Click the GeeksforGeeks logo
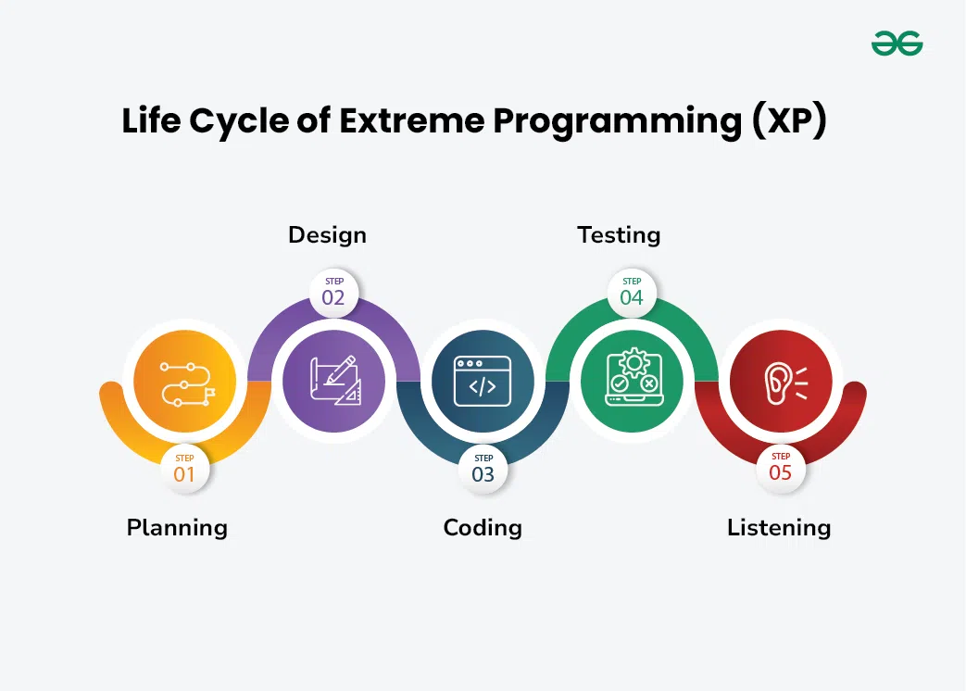coord(897,43)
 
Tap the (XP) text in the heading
coord(787,122)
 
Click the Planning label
coord(177,528)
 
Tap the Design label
coord(327,235)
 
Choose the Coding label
coord(483,528)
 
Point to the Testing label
coord(619,235)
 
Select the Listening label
coord(779,528)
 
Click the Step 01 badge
coord(184,469)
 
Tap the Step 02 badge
coord(333,292)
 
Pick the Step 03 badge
coord(483,469)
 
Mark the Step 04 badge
coord(632,292)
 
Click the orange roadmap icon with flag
coord(184,381)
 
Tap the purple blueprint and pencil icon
coord(333,381)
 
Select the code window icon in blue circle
coord(483,381)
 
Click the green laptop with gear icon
coord(632,381)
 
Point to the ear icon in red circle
coord(781,381)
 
